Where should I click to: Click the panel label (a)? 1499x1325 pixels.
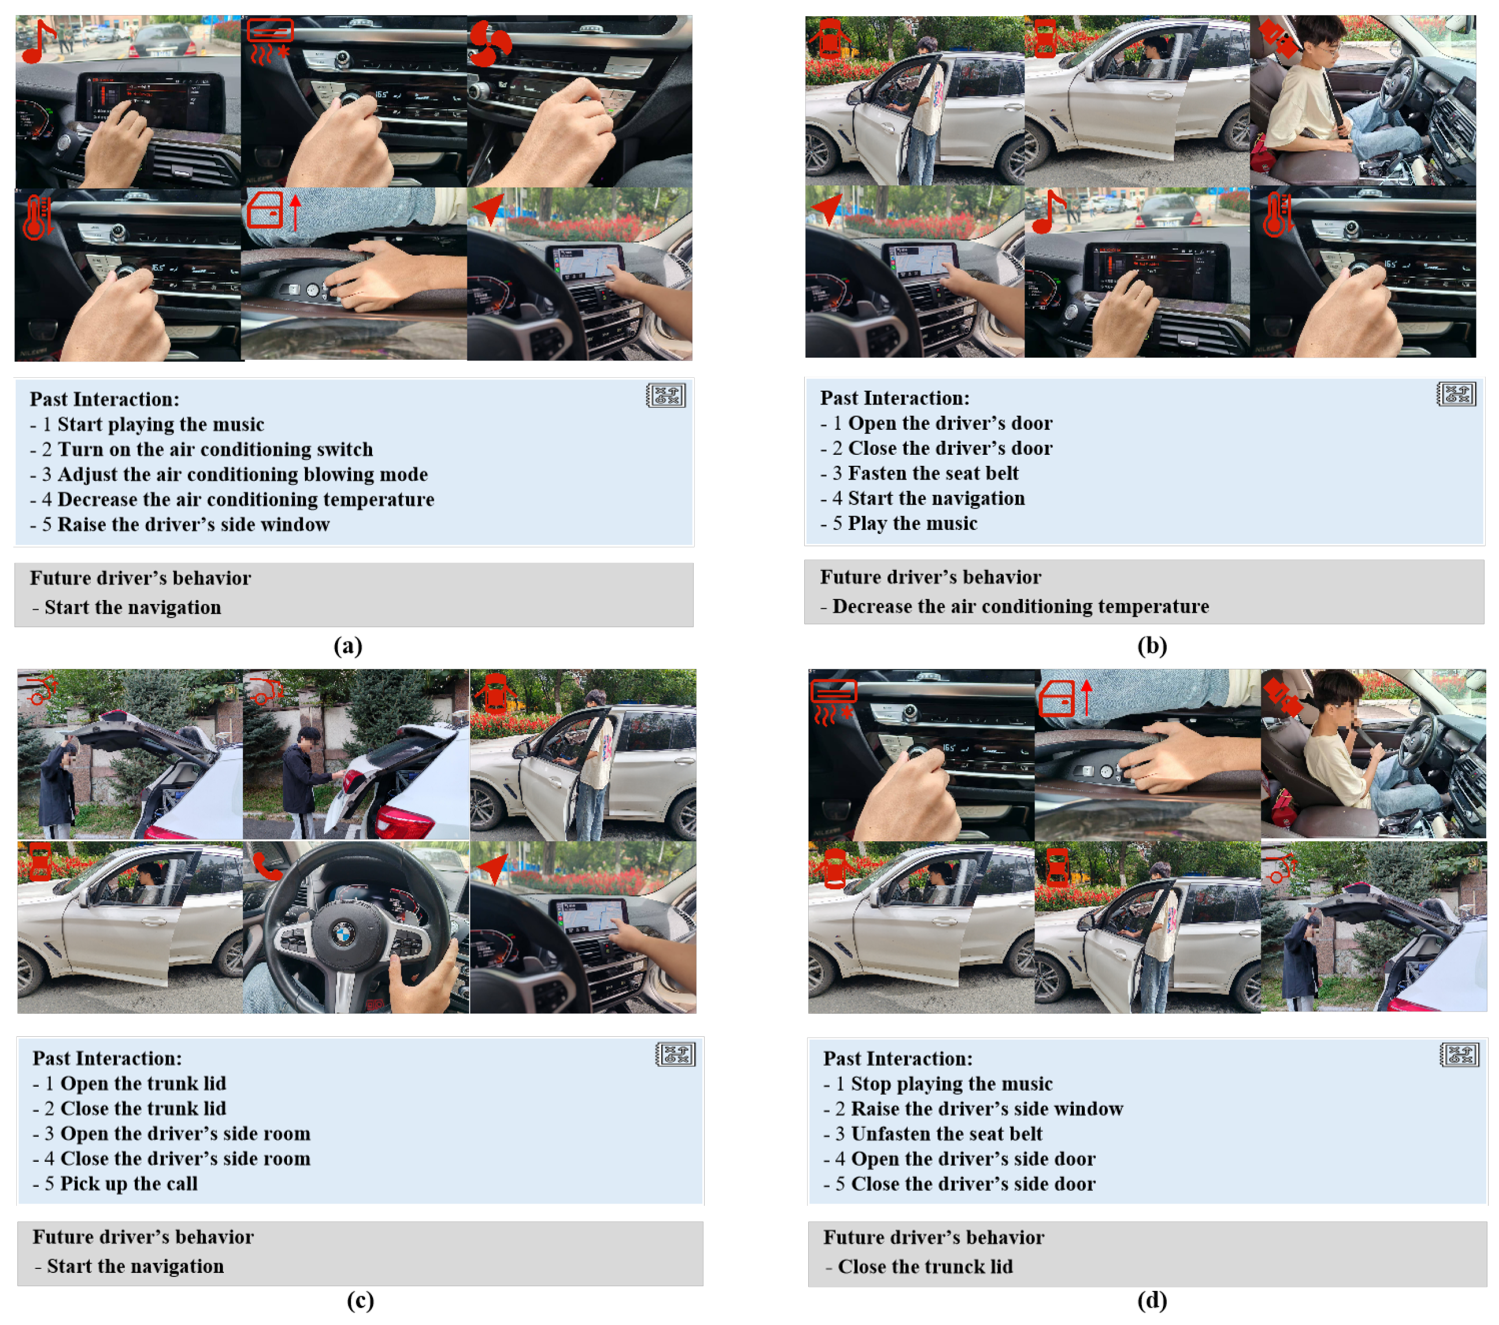coord(348,645)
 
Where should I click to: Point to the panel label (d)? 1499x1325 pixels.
coord(1152,1300)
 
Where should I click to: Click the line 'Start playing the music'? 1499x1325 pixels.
coord(161,425)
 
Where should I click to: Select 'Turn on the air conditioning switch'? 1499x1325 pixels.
coord(215,450)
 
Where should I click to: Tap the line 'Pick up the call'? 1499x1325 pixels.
coord(128,1183)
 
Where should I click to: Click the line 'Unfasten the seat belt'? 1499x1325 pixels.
coord(946,1133)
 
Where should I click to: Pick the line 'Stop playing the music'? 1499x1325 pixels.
coord(951,1084)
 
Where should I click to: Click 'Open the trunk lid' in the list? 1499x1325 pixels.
coord(143,1083)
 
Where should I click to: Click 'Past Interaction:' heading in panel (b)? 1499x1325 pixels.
coord(894,398)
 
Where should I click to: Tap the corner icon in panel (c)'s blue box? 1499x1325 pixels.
coord(675,1054)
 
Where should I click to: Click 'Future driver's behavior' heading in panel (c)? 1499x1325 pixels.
coord(143,1237)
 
